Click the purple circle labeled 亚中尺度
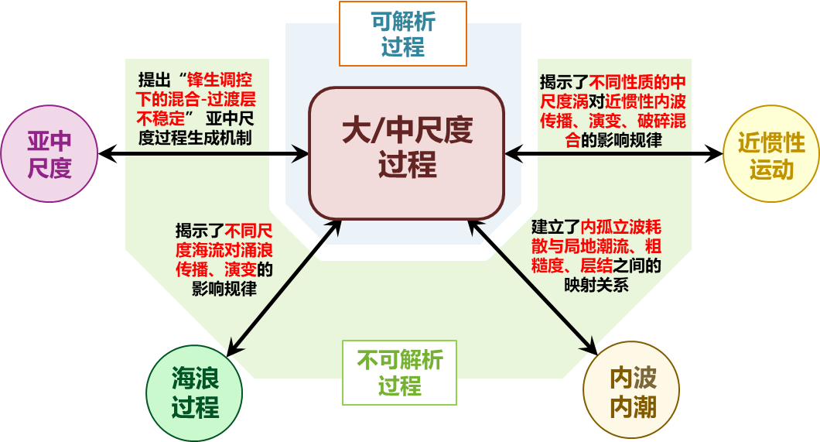[x=50, y=153]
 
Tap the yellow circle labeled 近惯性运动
[x=770, y=155]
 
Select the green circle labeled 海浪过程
[x=195, y=393]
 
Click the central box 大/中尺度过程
[x=407, y=152]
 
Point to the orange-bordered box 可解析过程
[x=403, y=33]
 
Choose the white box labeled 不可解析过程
[x=400, y=373]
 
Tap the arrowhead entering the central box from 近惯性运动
[x=513, y=154]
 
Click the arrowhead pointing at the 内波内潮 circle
[x=591, y=348]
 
